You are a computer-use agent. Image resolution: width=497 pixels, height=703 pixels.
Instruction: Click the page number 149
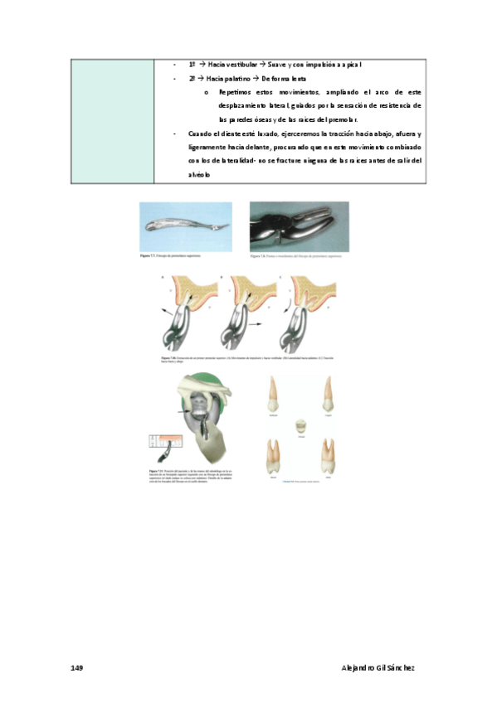(x=76, y=667)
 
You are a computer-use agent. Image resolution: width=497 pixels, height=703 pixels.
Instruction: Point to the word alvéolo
(x=200, y=176)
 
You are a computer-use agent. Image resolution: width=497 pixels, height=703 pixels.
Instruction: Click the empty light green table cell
(x=112, y=119)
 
